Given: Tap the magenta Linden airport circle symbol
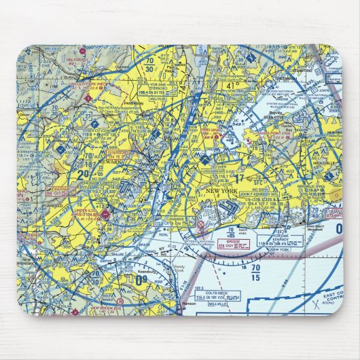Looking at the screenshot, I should click(105, 216).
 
